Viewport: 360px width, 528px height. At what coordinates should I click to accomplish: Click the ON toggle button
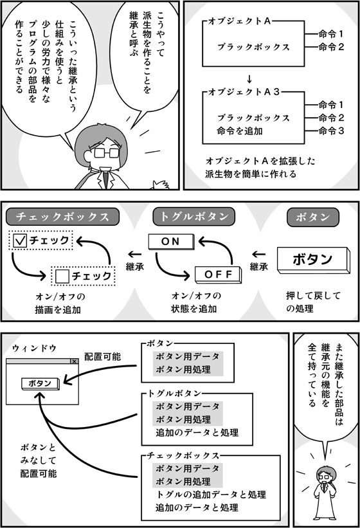click(x=171, y=242)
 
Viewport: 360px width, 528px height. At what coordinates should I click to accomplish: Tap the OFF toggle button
click(x=219, y=275)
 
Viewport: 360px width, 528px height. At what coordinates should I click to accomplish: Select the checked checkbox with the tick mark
click(x=19, y=241)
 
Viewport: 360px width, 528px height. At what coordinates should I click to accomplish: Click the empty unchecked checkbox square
click(x=62, y=277)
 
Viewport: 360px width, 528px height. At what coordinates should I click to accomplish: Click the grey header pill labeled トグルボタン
click(x=194, y=217)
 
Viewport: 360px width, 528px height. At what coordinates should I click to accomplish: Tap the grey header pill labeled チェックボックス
click(x=62, y=217)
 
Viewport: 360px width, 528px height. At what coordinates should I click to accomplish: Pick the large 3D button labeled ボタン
click(x=313, y=260)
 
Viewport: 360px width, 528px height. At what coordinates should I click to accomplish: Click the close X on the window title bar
click(x=74, y=361)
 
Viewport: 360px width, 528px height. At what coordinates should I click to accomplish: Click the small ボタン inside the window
click(x=40, y=384)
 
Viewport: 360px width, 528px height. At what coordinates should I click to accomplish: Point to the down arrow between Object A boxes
click(x=249, y=80)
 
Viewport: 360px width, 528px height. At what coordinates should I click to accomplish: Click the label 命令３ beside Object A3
click(x=331, y=131)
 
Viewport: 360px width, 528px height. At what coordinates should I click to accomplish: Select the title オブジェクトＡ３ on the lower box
click(x=244, y=92)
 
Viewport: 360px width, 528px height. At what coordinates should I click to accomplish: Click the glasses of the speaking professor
click(x=106, y=153)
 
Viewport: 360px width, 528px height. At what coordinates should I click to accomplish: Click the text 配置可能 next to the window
click(x=102, y=357)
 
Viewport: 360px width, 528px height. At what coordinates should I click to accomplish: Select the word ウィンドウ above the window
click(x=34, y=349)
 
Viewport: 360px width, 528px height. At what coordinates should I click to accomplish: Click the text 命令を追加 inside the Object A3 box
click(x=240, y=131)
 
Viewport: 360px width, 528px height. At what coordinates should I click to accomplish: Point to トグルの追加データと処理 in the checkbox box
click(x=211, y=495)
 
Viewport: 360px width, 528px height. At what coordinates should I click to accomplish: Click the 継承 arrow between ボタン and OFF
click(x=258, y=254)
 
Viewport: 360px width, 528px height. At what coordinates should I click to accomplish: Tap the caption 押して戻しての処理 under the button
click(x=313, y=302)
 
